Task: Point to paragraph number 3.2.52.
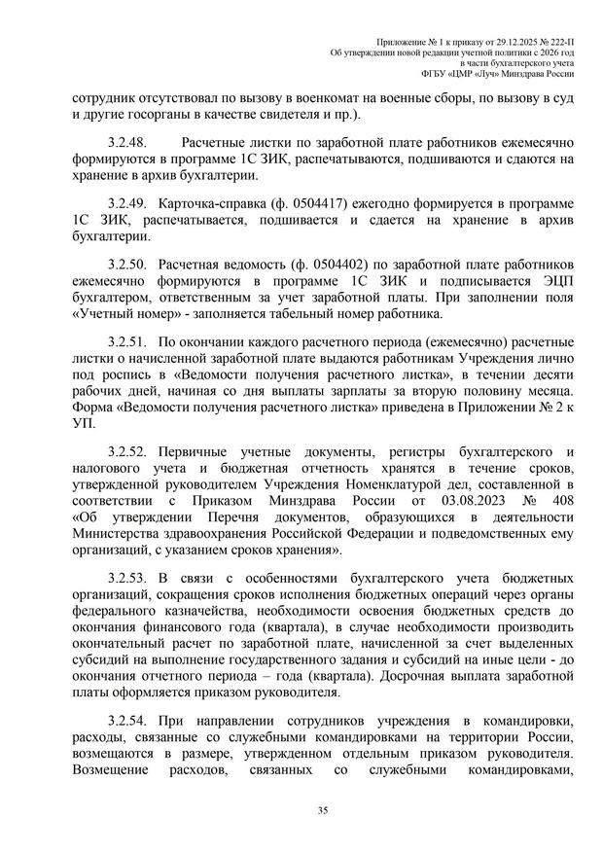126,452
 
